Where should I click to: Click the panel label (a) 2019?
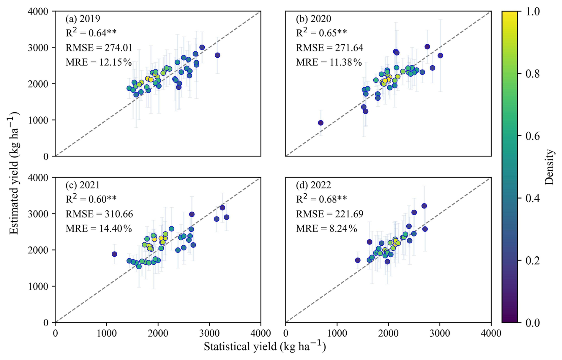[x=83, y=19]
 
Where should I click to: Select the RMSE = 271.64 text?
[x=329, y=48]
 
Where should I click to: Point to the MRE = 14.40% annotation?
[x=99, y=228]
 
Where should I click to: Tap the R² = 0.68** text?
[x=321, y=199]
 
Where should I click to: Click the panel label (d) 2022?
[x=313, y=185]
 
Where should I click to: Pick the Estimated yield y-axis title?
[x=14, y=173]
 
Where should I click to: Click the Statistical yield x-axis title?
[x=265, y=347]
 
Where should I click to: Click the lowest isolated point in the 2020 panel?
[x=321, y=123]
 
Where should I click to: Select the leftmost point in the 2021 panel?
[x=114, y=254]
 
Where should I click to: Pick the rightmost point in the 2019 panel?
[x=217, y=55]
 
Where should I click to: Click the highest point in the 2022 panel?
[x=424, y=206]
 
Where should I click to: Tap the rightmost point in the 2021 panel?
[x=227, y=217]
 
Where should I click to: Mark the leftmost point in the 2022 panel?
[x=358, y=260]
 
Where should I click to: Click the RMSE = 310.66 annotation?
[x=99, y=214]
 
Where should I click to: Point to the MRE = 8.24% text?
[x=326, y=228]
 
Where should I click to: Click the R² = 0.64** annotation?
[x=91, y=33]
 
